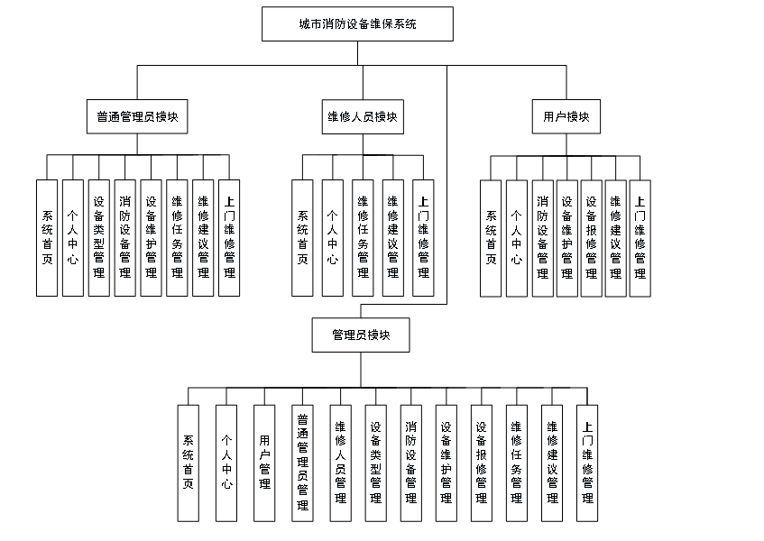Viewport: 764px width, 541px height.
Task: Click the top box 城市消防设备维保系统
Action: coord(357,24)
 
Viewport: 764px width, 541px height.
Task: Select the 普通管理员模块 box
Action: coord(137,117)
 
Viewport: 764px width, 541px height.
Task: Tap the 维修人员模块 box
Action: coord(361,117)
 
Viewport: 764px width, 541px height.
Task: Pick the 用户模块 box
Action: coord(566,117)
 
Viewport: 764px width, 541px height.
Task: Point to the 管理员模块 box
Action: coord(361,335)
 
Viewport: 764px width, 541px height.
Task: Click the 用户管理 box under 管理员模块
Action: coord(264,463)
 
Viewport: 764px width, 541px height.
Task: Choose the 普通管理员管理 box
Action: coord(302,463)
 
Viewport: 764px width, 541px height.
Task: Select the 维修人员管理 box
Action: coord(341,463)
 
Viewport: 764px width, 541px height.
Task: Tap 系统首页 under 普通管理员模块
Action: coord(47,238)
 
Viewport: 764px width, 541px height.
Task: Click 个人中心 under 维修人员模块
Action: coord(332,238)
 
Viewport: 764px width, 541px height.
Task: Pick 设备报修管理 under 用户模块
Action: coord(592,238)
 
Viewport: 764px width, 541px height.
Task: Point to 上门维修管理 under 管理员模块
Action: coord(587,463)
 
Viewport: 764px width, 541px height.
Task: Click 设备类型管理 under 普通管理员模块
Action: coord(99,238)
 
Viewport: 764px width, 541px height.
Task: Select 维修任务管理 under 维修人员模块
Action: coord(363,238)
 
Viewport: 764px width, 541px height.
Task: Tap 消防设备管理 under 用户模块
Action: coord(542,238)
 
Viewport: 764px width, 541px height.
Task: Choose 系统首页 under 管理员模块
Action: coord(188,463)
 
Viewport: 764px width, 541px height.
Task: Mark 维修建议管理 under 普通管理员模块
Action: coord(203,238)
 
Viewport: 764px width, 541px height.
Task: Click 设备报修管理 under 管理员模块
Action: coord(482,463)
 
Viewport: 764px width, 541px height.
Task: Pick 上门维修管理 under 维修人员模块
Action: coord(423,238)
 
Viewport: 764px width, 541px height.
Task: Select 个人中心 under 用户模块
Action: coord(516,238)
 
